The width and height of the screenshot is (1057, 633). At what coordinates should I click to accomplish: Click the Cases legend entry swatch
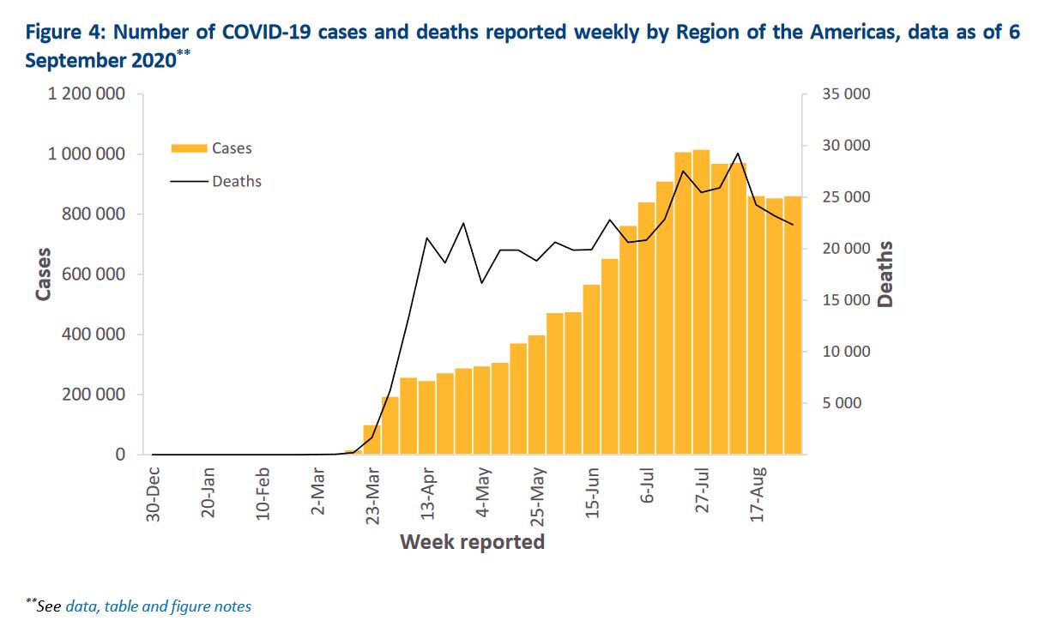click(x=189, y=148)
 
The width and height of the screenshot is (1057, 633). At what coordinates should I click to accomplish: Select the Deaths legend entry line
click(x=189, y=182)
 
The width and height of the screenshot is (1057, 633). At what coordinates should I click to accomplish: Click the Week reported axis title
click(x=472, y=542)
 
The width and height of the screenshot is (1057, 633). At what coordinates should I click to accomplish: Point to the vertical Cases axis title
click(x=43, y=274)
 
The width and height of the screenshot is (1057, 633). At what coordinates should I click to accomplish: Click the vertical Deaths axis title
click(x=885, y=274)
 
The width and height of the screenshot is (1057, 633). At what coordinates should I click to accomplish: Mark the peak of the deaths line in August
click(x=738, y=154)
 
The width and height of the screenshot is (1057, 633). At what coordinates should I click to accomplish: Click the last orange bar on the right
click(x=792, y=326)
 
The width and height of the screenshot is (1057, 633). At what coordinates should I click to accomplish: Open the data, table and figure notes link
click(x=158, y=606)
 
